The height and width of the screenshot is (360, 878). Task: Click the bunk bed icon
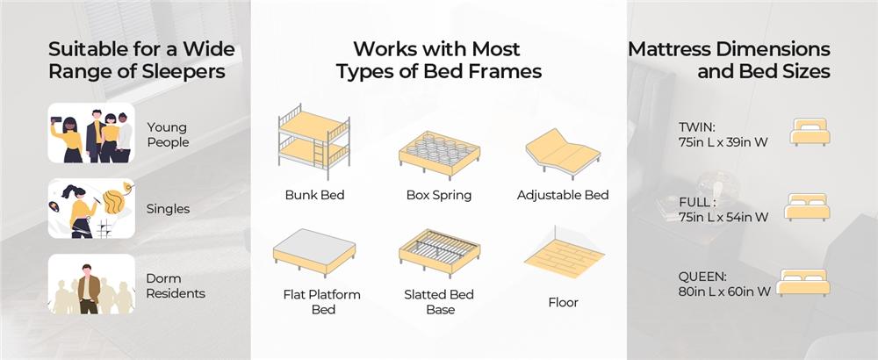[314, 142]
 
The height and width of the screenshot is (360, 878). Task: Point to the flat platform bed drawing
[314, 252]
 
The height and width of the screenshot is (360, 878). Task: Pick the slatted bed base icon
[440, 253]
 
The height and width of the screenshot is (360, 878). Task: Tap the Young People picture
[91, 133]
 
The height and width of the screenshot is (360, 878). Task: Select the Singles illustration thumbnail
[91, 208]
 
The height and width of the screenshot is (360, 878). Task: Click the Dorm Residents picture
[91, 284]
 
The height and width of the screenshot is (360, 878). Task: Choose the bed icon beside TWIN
[810, 132]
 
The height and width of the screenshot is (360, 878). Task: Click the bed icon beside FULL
[807, 206]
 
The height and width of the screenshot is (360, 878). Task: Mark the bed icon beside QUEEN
[803, 282]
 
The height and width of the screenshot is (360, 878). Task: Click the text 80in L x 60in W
[724, 292]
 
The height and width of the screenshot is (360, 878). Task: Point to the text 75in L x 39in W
[723, 143]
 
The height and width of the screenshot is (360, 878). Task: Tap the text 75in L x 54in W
[723, 217]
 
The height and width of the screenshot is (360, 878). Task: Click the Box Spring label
[439, 196]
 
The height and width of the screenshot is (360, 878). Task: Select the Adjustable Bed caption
[563, 196]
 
